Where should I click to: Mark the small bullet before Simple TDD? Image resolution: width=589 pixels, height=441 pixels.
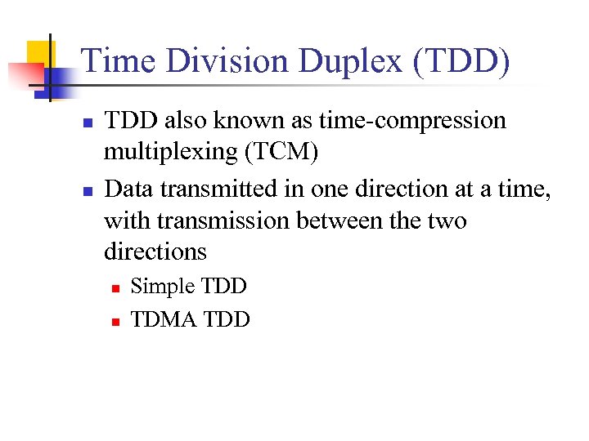pyautogui.click(x=116, y=288)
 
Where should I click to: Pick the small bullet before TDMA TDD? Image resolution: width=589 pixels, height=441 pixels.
pyautogui.click(x=116, y=321)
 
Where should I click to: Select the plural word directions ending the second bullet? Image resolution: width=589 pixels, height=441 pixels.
pyautogui.click(x=155, y=252)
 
